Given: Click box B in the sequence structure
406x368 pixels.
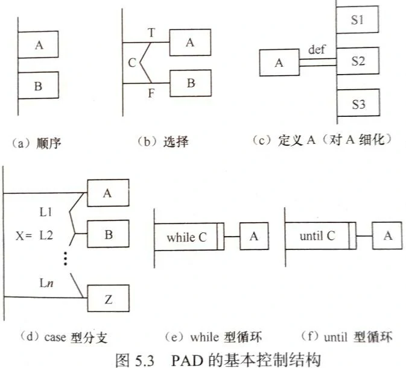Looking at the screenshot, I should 38,86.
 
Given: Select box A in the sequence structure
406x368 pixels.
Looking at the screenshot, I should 39,44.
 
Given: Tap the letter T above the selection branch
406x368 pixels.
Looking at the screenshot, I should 152,34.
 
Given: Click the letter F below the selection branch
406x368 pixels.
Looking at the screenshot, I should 152,93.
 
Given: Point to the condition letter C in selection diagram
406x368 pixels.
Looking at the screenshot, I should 132,61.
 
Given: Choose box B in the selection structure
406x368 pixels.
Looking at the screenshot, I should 191,83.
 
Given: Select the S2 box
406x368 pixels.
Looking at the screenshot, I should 358,61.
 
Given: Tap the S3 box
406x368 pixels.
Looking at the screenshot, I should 358,104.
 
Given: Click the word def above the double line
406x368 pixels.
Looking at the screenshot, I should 317,49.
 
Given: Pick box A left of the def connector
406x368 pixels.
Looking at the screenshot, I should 279,63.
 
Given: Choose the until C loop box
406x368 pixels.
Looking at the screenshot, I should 318,235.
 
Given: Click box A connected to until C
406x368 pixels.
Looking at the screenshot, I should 388,235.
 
